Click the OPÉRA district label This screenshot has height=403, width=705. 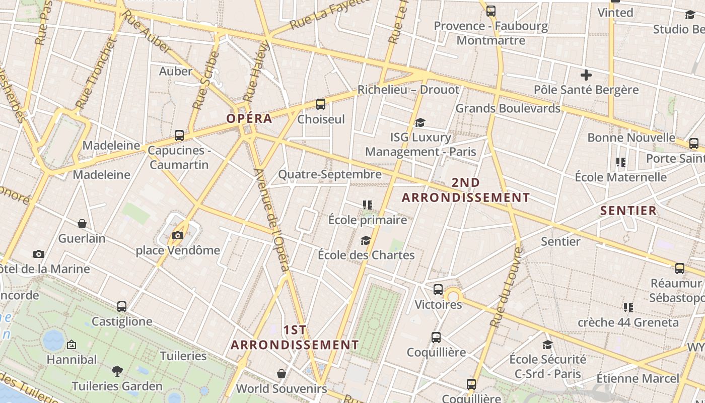(x=249, y=119)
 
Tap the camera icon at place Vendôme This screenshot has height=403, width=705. (x=177, y=235)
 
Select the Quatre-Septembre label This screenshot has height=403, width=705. (x=330, y=174)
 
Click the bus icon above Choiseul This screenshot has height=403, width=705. (x=320, y=104)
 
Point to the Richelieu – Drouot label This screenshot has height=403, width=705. (x=408, y=90)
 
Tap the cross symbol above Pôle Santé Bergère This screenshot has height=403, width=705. (x=586, y=76)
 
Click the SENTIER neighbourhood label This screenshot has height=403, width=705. (x=628, y=211)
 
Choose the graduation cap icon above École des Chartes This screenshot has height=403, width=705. (x=366, y=240)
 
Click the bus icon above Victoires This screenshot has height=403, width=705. (x=438, y=290)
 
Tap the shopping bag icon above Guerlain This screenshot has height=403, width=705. (x=82, y=224)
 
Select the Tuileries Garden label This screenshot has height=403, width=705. (x=117, y=386)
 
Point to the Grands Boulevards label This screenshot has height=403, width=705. (x=508, y=108)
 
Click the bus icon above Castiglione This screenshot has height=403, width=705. (x=122, y=306)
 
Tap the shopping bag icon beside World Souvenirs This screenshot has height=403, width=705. (x=281, y=374)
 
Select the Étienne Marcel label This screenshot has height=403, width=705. (x=638, y=378)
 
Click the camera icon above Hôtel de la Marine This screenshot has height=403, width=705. (x=39, y=254)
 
